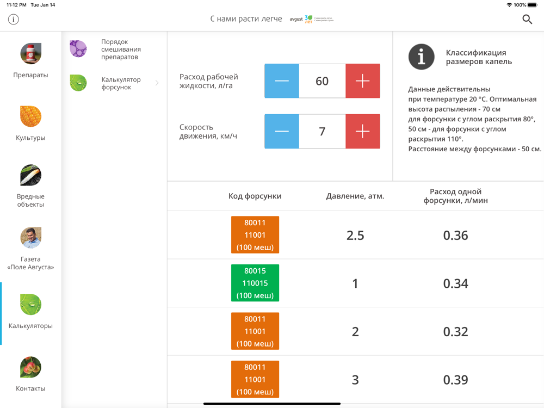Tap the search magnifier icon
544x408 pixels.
(x=527, y=20)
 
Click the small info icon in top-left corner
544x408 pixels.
(x=14, y=20)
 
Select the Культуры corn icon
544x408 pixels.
(x=31, y=116)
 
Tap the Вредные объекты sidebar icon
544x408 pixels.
(x=31, y=176)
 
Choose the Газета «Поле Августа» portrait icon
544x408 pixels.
(x=31, y=238)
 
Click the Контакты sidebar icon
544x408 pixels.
(x=31, y=367)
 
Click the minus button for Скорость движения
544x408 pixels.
(x=282, y=131)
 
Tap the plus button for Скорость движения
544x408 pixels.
(x=362, y=131)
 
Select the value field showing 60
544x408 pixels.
(x=322, y=81)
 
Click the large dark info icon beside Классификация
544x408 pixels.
(x=422, y=57)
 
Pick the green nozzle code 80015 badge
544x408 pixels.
(x=255, y=283)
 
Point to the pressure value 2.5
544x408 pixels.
(x=355, y=235)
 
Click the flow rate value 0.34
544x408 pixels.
(x=455, y=283)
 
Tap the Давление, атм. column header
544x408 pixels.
(x=355, y=196)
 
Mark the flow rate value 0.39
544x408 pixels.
(x=455, y=380)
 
